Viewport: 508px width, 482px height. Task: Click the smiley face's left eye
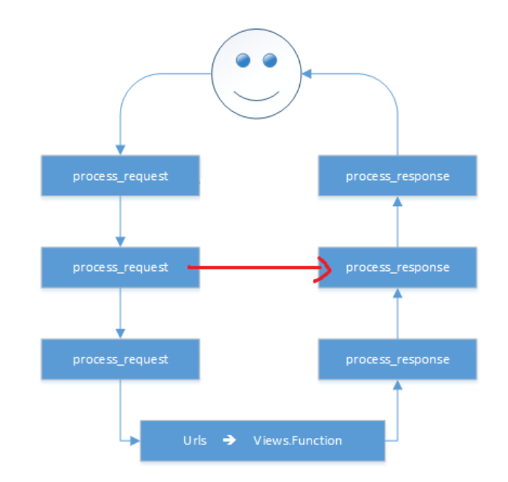[244, 60]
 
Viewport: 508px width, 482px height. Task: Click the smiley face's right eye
[270, 59]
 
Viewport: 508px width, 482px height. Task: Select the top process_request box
[120, 176]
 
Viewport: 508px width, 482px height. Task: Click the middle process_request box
[120, 267]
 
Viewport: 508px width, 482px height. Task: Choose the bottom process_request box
[120, 359]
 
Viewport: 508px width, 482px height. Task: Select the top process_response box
[397, 176]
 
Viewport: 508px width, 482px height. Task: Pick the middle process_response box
[397, 267]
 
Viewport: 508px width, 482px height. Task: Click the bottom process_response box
[397, 359]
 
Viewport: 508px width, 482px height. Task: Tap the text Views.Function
[298, 440]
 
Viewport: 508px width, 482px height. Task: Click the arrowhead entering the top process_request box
[120, 150]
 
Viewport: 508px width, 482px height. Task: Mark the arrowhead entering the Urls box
[135, 439]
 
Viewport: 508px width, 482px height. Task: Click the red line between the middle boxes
[253, 268]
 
